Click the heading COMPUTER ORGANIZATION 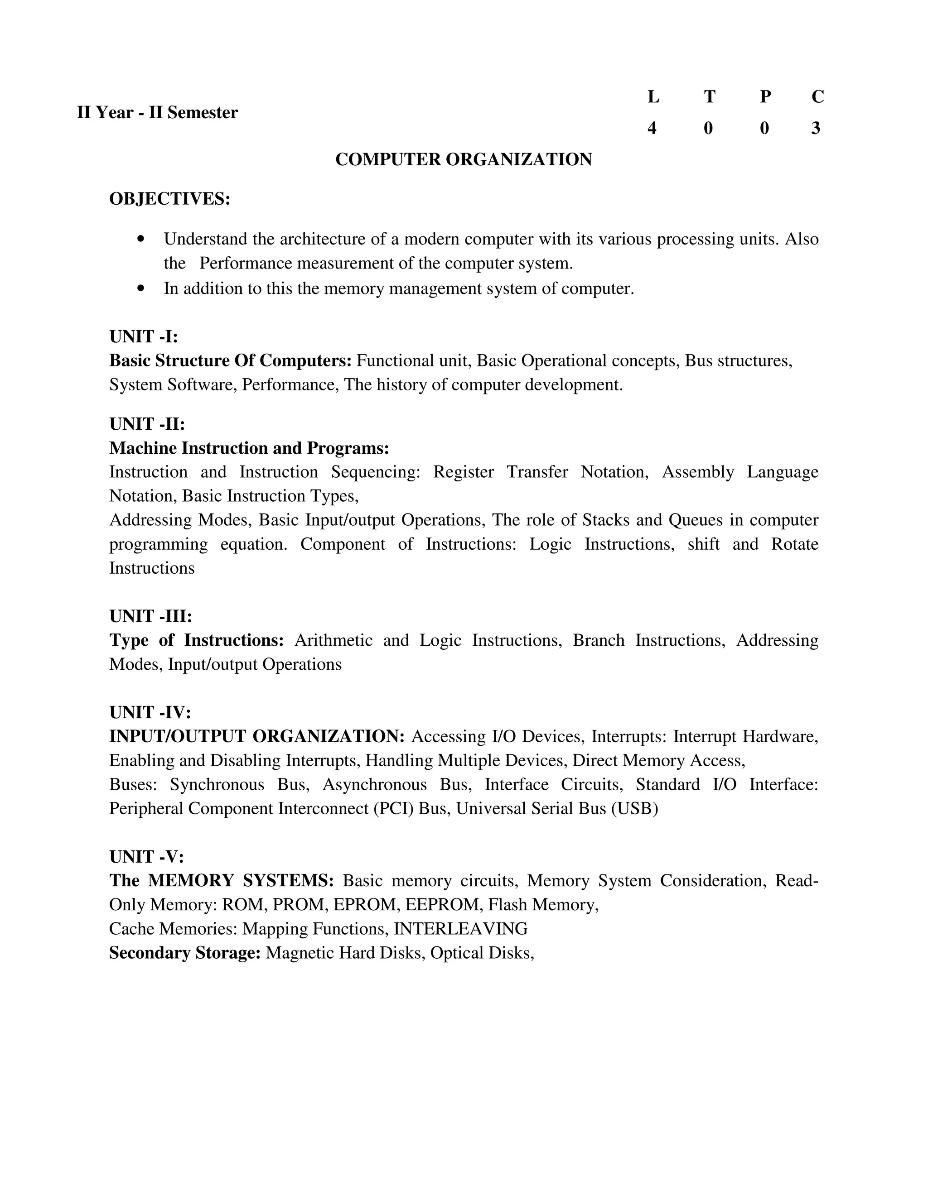464,159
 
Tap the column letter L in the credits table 652,97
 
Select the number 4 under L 652,128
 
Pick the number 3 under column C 816,128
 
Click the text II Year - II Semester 157,113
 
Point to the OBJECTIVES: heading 169,198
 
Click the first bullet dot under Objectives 141,239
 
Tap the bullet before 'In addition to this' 141,288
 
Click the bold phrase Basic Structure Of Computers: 230,360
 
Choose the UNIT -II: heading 147,424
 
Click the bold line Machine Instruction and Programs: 249,448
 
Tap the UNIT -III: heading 150,616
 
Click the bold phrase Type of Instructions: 196,640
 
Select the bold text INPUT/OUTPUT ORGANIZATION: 257,736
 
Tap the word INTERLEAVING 461,929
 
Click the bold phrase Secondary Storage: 185,952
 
